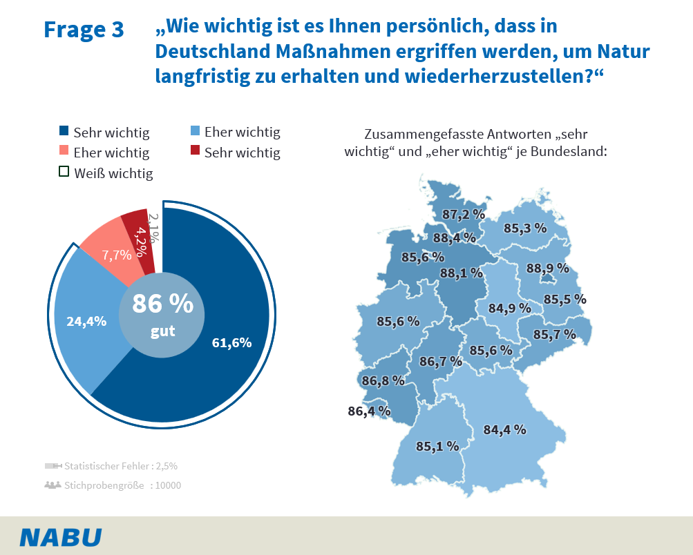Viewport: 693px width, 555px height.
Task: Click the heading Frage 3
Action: tap(84, 30)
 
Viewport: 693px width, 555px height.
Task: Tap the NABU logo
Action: tap(61, 537)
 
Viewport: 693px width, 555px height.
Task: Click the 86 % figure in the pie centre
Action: tap(162, 304)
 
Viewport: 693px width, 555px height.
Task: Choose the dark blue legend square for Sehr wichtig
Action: tap(64, 131)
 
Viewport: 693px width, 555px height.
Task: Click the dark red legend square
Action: tap(195, 151)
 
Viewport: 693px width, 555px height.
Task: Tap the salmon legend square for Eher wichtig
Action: tap(64, 151)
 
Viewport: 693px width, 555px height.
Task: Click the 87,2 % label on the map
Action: tap(464, 215)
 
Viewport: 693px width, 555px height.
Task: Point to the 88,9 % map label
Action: tap(547, 268)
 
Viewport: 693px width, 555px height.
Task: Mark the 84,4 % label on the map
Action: tap(504, 429)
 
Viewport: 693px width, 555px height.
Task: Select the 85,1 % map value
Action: tap(437, 446)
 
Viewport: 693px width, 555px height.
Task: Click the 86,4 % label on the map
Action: tap(369, 411)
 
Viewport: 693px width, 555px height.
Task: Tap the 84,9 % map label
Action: tap(509, 308)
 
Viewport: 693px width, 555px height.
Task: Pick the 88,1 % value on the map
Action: tap(461, 273)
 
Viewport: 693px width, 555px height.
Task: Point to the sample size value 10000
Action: tap(168, 485)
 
